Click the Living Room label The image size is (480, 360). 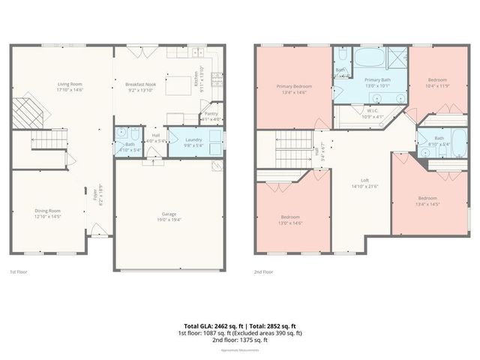coord(70,84)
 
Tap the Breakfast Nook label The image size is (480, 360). coord(141,85)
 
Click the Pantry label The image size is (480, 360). coord(211,113)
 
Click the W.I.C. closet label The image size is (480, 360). coord(372,112)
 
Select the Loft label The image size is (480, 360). coord(364,180)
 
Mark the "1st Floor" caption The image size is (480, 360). coord(19,271)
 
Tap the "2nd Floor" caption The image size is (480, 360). coord(263,271)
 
